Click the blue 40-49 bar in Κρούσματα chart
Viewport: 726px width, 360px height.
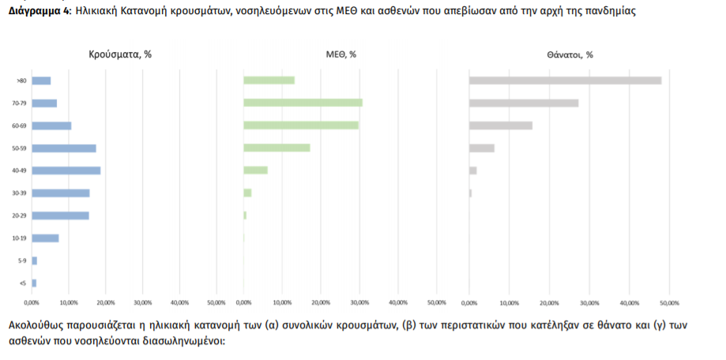(66, 171)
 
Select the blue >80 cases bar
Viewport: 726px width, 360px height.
(41, 81)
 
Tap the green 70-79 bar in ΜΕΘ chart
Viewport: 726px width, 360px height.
(303, 103)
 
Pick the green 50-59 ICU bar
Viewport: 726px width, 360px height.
(276, 148)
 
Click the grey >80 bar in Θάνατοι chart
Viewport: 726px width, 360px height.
(565, 81)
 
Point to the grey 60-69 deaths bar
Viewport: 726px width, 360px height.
(501, 126)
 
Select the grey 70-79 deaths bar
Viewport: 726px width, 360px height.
(524, 103)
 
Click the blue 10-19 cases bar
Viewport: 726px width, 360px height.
(45, 238)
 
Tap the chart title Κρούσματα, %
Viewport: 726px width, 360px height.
(120, 54)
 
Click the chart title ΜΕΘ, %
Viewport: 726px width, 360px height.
(341, 54)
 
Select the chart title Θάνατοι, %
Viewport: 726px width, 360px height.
(569, 54)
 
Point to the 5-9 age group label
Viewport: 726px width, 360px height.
(21, 261)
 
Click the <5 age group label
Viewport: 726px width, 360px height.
(22, 283)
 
